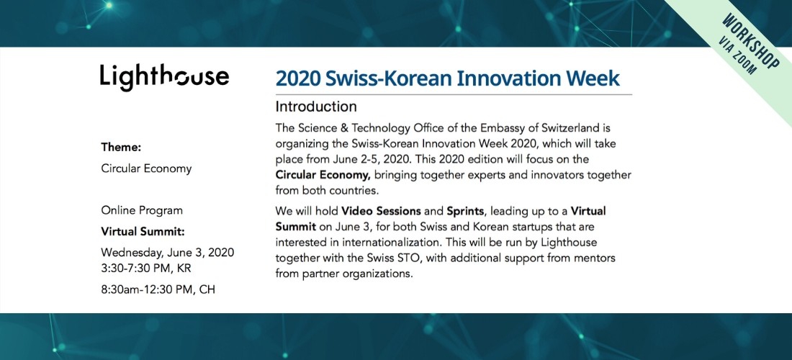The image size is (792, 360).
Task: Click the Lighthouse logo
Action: [164, 77]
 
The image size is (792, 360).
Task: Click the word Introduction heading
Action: [316, 107]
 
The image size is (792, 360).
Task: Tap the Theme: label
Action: [121, 148]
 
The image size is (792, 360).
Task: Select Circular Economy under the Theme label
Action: [146, 168]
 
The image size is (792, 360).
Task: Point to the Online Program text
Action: [142, 210]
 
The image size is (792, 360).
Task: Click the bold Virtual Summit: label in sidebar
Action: [143, 232]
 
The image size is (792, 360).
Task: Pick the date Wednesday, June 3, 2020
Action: [168, 252]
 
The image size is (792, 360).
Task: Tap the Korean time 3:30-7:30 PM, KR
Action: [146, 269]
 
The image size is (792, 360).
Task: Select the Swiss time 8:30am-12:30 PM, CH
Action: [158, 290]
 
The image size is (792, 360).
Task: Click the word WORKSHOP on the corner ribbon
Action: [750, 42]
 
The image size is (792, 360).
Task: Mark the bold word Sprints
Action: [465, 211]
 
